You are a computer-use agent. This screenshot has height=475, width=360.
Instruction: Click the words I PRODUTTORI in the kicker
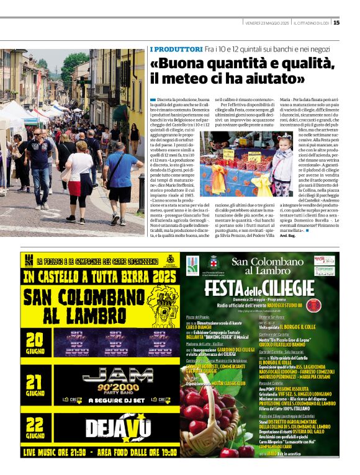(176, 49)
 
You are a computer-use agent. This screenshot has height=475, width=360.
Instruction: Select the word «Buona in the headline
(176, 63)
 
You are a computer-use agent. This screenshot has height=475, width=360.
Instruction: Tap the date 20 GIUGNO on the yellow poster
(35, 344)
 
